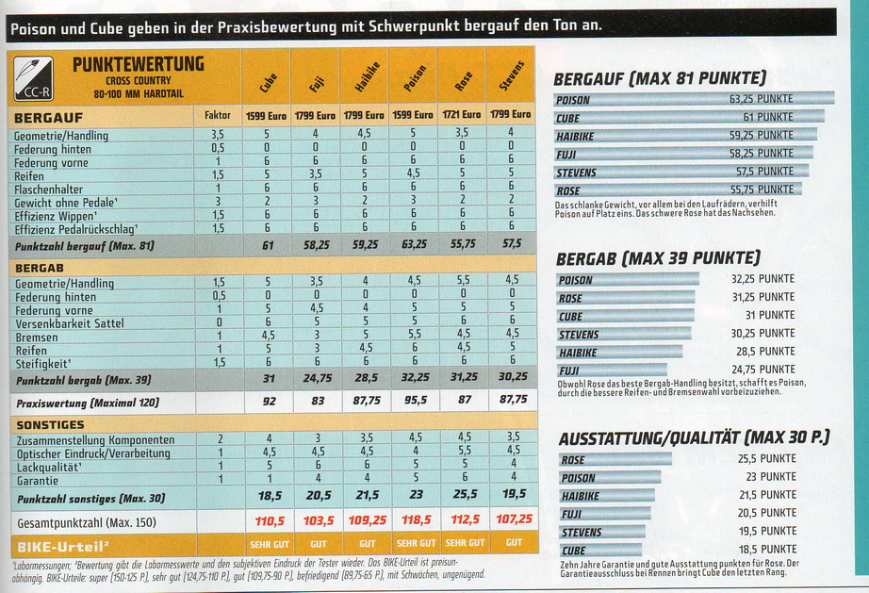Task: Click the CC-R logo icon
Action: tap(33, 78)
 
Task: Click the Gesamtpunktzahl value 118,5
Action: tap(415, 519)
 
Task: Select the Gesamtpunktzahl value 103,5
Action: tap(318, 519)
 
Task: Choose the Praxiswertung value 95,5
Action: tap(415, 401)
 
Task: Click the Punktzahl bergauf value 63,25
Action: tap(415, 244)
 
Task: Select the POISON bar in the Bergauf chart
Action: tap(693, 99)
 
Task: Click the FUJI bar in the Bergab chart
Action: tap(611, 370)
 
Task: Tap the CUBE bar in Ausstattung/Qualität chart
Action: tap(599, 550)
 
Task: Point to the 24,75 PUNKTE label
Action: tap(762, 370)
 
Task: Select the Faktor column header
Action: tap(218, 115)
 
